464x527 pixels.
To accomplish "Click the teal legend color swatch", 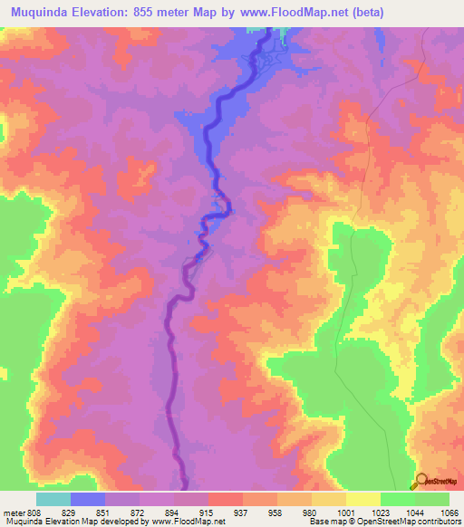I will coord(53,499).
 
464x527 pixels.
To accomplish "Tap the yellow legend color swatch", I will coord(362,499).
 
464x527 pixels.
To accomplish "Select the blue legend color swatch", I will coord(88,499).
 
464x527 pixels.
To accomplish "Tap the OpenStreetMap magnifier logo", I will coord(421,482).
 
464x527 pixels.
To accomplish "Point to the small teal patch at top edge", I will coord(287,34).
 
